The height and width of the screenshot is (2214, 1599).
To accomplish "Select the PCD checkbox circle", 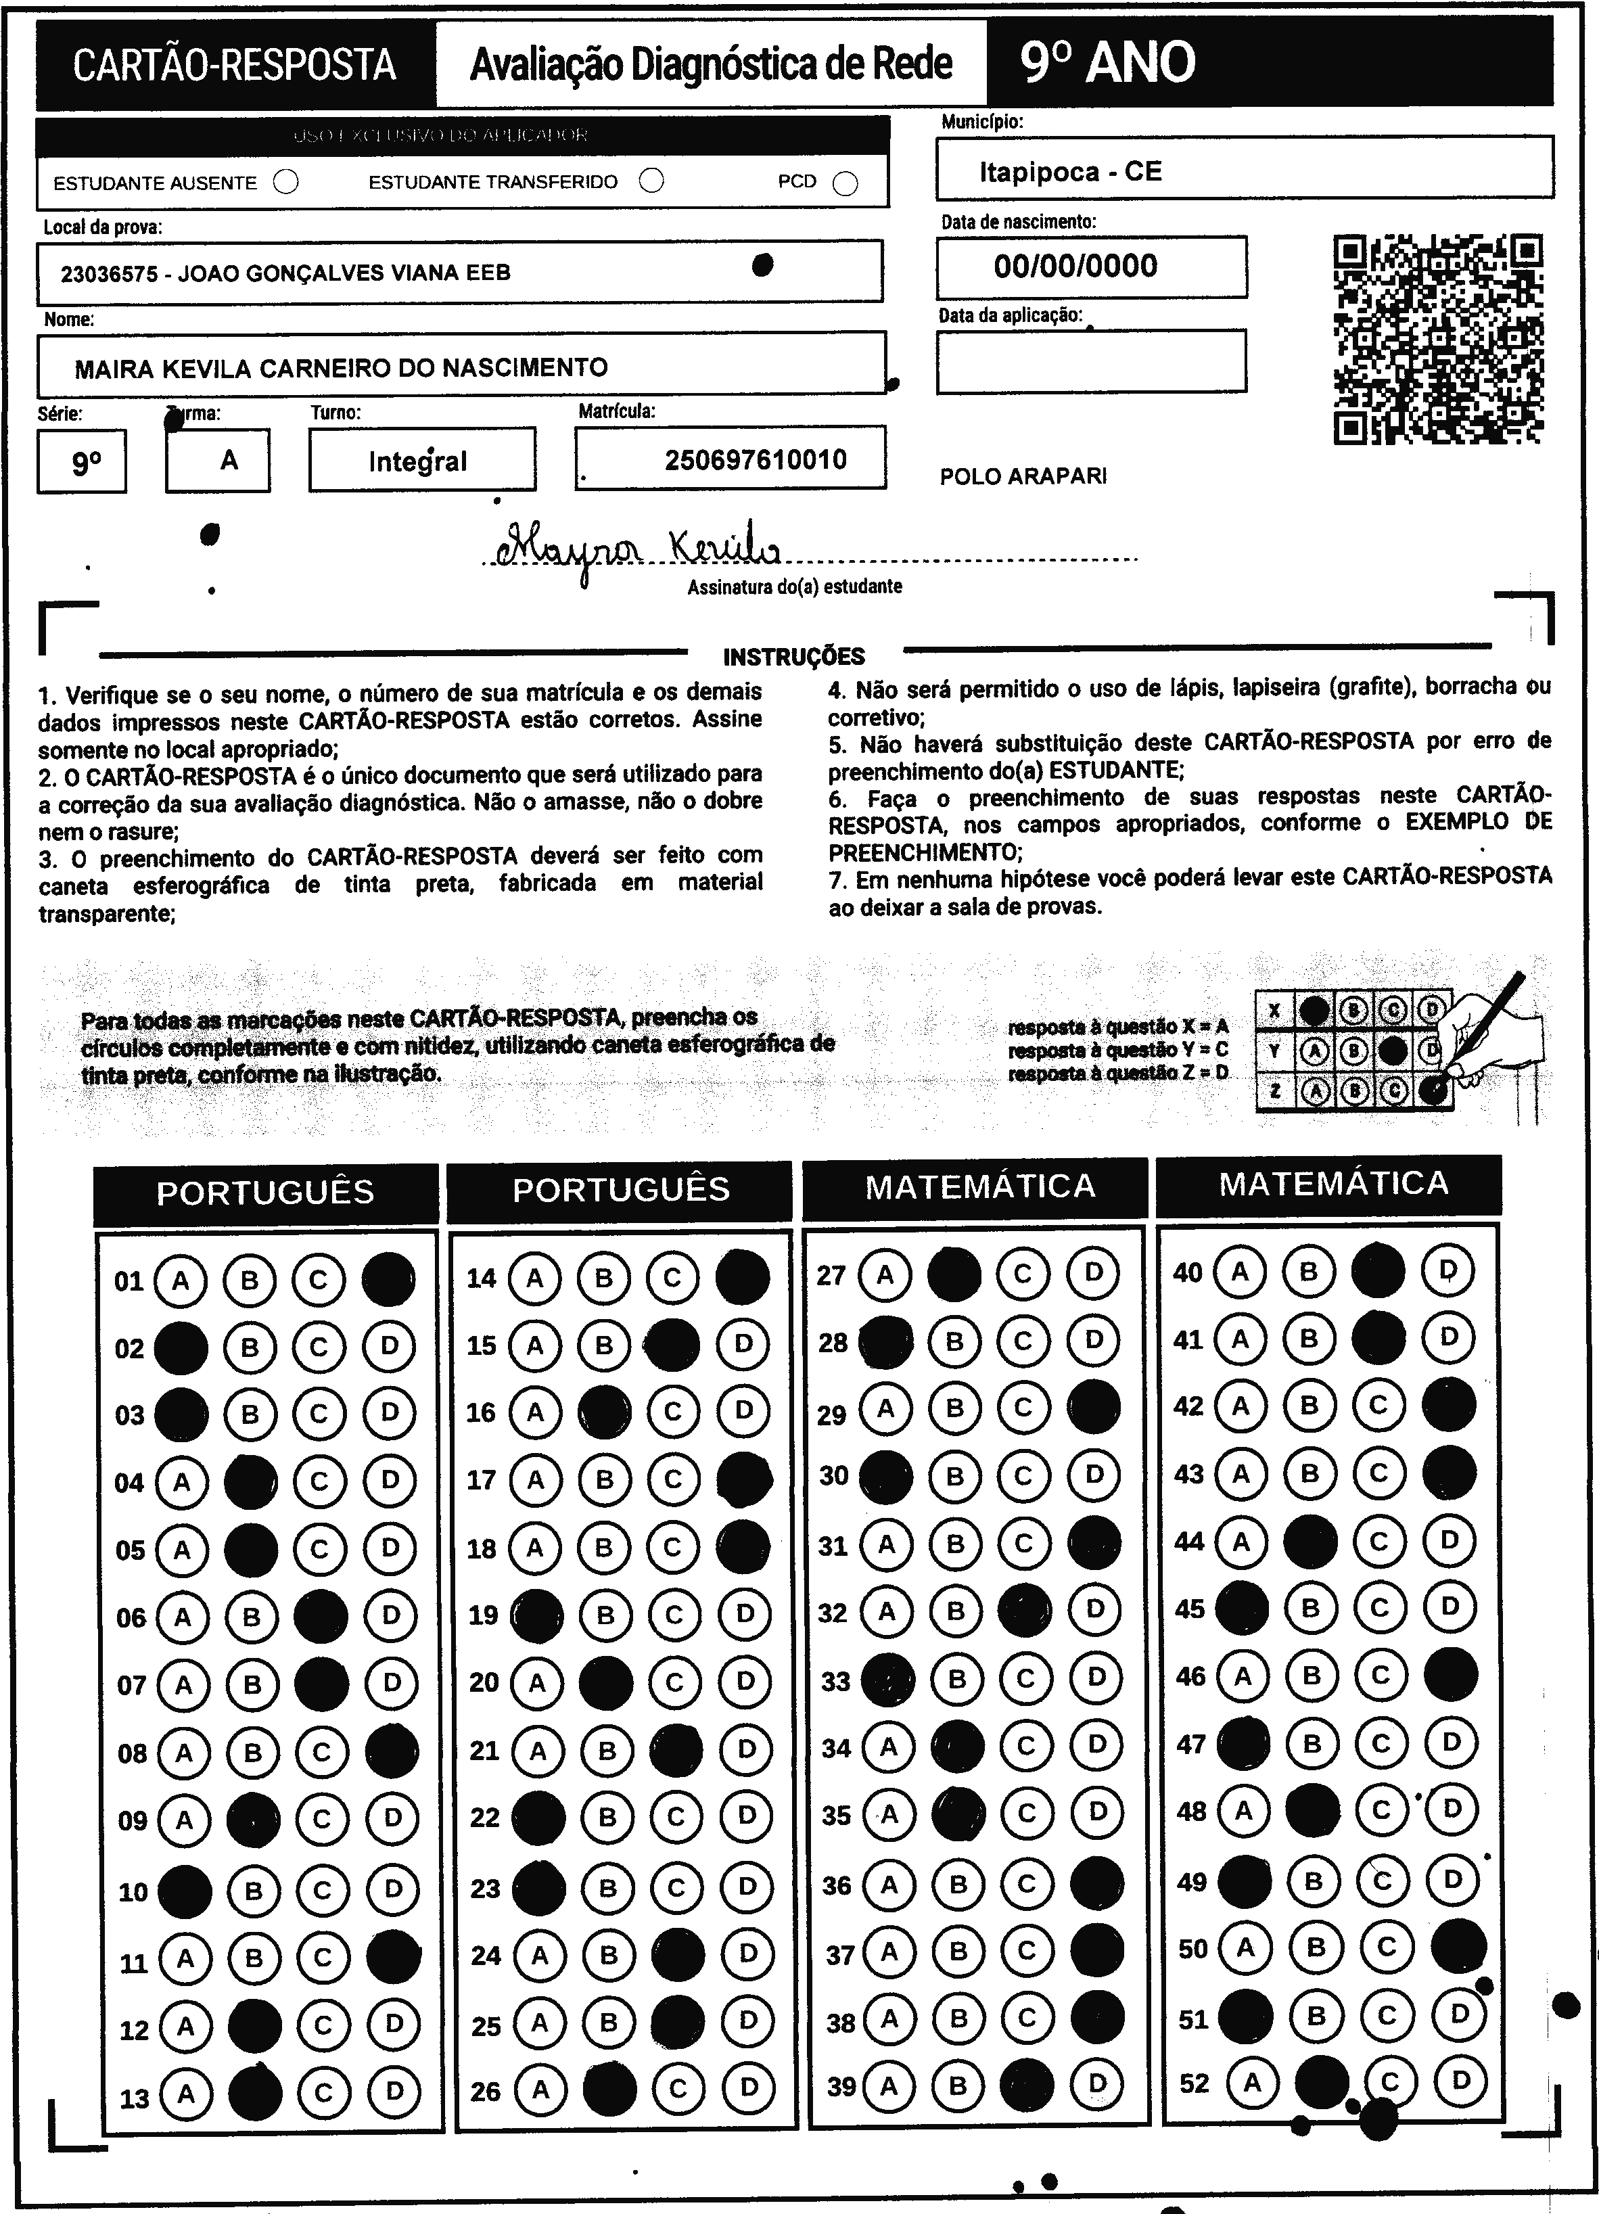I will click(845, 183).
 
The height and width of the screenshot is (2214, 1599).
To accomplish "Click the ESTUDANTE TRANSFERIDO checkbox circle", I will click(651, 181).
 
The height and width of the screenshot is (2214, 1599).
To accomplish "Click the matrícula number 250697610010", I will click(756, 460).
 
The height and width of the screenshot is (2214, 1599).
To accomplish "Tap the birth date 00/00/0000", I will click(1075, 266).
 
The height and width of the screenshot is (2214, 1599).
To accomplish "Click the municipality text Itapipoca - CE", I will click(1070, 172).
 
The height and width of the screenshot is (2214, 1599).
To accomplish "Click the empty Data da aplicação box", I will click(1090, 361).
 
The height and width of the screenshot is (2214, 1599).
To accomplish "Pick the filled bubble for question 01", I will click(388, 1278).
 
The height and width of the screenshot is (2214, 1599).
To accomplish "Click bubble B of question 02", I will click(250, 1347).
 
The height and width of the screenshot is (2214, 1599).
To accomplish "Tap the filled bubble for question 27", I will click(954, 1274).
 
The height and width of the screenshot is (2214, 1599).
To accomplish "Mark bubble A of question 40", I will click(1240, 1271).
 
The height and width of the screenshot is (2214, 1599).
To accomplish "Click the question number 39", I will click(841, 2086).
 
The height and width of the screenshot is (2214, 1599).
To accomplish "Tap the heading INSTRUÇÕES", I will click(793, 657).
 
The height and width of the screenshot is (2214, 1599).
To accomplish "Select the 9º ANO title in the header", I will click(1107, 62).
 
